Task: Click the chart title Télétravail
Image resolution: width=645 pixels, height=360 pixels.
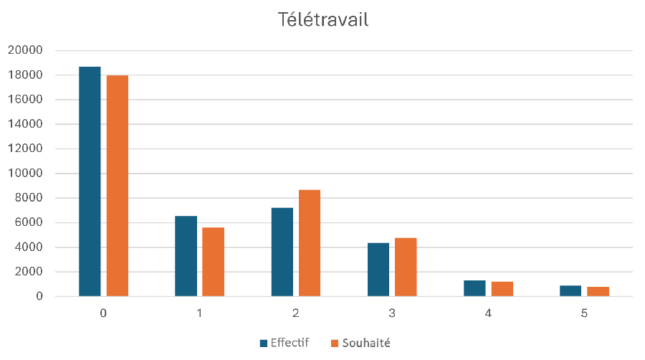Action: click(322, 20)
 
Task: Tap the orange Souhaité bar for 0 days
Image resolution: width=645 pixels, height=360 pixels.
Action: click(117, 186)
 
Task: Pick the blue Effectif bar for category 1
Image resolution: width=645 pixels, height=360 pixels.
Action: click(186, 256)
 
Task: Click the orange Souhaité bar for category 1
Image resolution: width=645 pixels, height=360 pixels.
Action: click(213, 262)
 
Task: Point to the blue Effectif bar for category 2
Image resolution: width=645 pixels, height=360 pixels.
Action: click(282, 252)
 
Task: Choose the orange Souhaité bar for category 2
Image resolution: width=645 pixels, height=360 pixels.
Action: click(310, 243)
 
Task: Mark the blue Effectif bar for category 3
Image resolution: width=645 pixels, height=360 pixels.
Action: click(378, 270)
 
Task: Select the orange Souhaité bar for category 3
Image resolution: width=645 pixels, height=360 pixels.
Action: click(406, 267)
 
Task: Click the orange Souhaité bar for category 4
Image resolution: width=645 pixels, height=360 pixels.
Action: click(502, 289)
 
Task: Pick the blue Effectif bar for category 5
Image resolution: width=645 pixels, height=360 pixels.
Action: click(570, 290)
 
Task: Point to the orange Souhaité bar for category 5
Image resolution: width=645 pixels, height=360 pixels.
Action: click(598, 291)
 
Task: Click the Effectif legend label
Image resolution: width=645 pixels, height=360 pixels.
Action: click(290, 343)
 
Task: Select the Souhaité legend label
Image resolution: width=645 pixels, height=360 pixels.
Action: click(367, 343)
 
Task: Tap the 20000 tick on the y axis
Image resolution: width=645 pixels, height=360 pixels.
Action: click(25, 50)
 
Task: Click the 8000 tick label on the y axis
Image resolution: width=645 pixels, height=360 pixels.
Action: click(29, 198)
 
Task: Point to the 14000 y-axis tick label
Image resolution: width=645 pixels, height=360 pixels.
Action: click(25, 124)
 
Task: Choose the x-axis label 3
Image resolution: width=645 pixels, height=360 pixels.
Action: click(392, 313)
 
